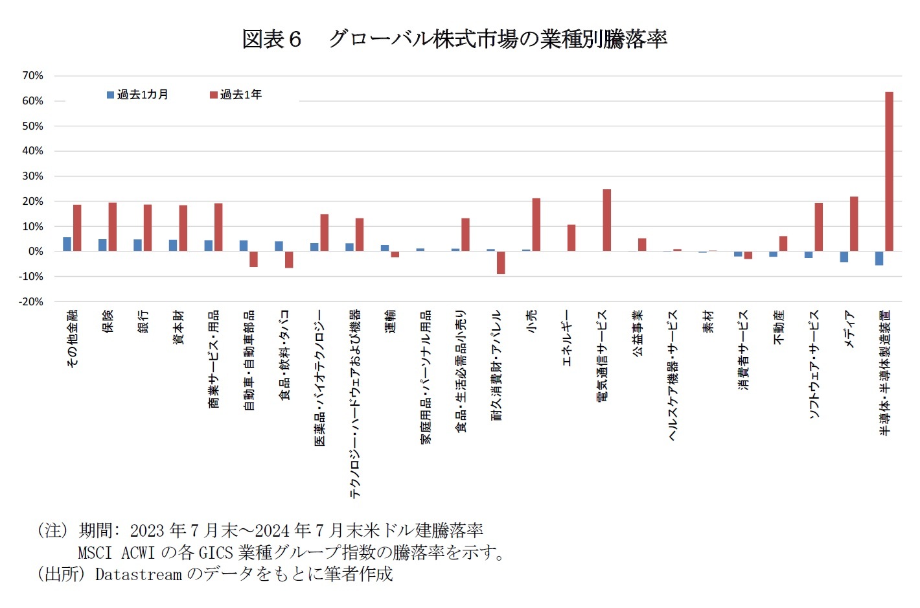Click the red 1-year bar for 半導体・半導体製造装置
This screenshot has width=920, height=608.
[x=889, y=172]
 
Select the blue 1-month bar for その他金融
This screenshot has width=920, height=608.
[x=67, y=244]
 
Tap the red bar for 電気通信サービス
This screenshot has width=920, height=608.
[x=606, y=220]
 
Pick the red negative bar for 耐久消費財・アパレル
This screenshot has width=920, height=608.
[x=501, y=263]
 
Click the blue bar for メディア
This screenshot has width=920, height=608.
[x=844, y=257]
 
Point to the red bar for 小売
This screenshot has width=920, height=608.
[x=536, y=225]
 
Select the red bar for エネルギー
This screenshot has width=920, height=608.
[x=571, y=238]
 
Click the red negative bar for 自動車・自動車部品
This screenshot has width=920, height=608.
[x=253, y=259]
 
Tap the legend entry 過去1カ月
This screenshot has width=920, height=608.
[x=137, y=95]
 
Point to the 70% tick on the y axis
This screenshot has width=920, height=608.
[x=33, y=76]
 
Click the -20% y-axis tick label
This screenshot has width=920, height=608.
[x=31, y=301]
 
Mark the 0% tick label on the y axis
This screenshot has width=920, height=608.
[x=36, y=251]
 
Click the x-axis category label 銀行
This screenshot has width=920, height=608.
[x=143, y=322]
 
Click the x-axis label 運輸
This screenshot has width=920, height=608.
[x=390, y=322]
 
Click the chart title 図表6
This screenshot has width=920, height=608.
[x=271, y=39]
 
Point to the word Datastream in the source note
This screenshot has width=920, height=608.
[x=138, y=574]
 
